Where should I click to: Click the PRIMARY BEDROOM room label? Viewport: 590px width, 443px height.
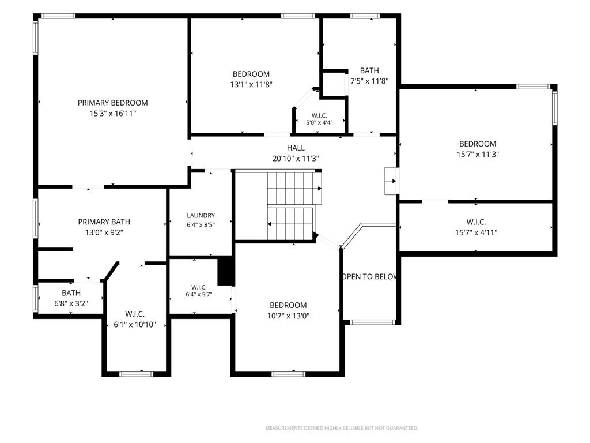point(112,103)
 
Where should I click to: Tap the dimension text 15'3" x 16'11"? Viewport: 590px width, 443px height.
point(112,114)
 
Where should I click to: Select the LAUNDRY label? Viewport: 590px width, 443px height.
point(201,216)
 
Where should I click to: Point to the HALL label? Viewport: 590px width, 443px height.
point(296,148)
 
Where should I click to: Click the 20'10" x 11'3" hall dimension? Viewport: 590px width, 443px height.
point(296,159)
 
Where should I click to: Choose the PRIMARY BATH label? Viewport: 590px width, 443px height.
point(104,222)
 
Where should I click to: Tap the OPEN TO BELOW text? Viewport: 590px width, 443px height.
point(369,276)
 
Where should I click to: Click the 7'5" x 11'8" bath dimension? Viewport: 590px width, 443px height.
point(369,81)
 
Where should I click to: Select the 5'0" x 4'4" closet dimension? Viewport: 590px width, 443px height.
point(319,122)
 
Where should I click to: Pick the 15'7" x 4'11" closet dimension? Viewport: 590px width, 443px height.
point(476,232)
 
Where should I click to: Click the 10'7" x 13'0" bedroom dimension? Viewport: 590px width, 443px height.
point(289,316)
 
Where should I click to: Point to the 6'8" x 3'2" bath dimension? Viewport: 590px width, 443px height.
point(71,303)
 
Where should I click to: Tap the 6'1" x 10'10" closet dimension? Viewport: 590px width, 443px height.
point(135,324)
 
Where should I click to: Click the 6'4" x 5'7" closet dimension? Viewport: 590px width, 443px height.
point(199,294)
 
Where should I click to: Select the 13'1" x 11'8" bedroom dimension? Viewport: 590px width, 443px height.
point(251,84)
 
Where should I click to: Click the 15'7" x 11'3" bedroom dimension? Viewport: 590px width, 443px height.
point(478,154)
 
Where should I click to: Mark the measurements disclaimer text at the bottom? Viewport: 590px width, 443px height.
point(342,429)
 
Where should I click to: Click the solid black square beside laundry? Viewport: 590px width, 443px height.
point(226,271)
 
